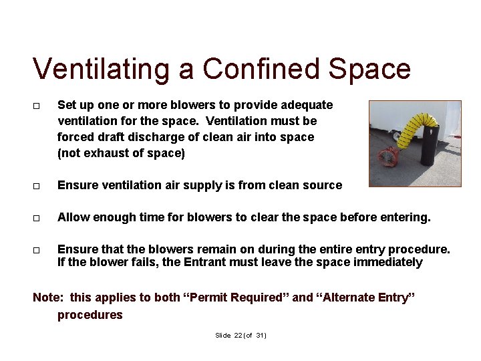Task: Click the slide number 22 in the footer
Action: [238, 336]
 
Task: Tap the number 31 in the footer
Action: [260, 336]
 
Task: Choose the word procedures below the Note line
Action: [90, 315]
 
